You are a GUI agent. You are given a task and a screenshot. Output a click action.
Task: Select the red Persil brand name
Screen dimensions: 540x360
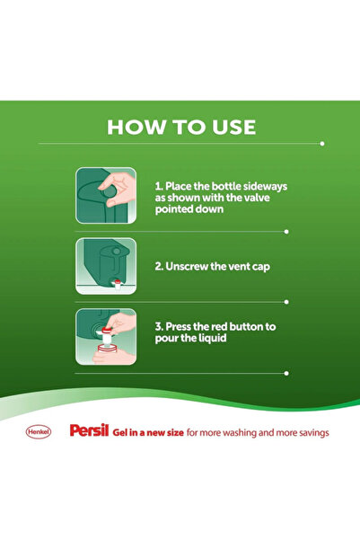point(89,432)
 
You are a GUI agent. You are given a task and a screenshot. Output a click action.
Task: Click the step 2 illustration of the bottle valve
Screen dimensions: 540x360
point(106,267)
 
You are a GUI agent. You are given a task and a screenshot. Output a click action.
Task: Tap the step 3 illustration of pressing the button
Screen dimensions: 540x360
point(106,338)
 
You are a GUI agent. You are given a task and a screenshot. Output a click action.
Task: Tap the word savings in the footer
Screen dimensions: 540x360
point(309,432)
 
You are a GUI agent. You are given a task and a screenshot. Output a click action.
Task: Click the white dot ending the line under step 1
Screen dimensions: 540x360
point(286,231)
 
